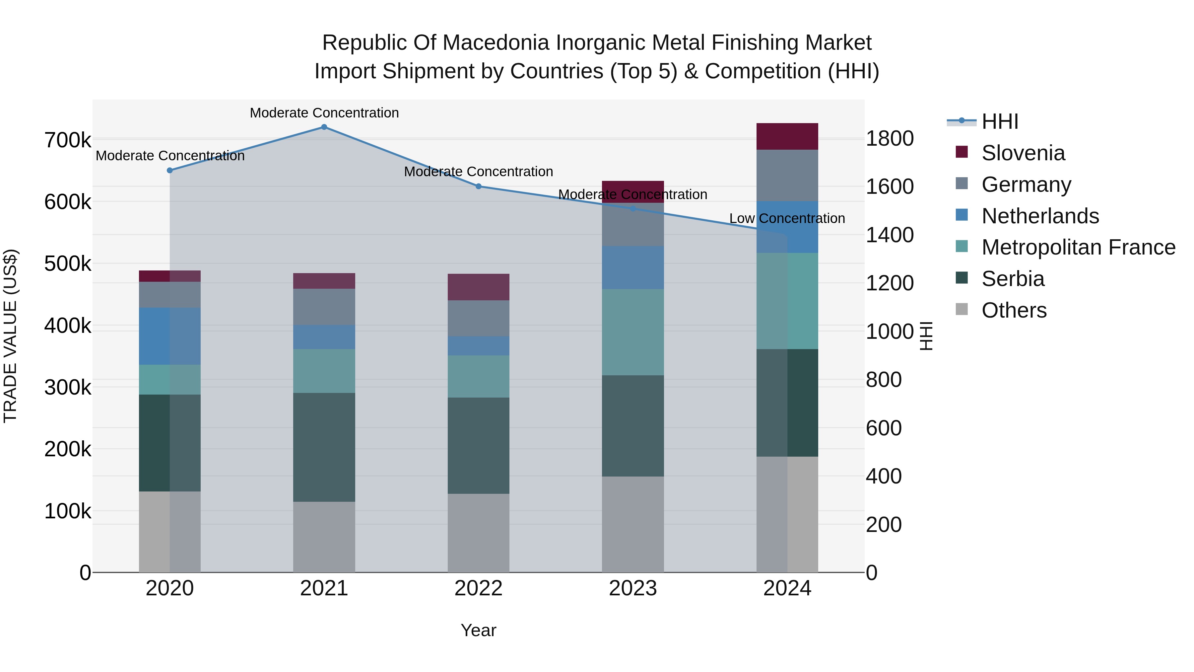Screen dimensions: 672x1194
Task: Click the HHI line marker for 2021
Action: (x=324, y=127)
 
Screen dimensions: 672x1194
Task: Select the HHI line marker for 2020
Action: (x=169, y=171)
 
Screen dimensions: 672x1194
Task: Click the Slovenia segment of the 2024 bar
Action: (x=787, y=136)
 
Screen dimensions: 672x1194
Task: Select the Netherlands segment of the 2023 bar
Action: (x=633, y=267)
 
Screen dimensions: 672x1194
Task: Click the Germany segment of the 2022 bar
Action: (x=478, y=318)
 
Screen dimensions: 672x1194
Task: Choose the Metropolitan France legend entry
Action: (x=1078, y=247)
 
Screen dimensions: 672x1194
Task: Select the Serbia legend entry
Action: (x=1013, y=279)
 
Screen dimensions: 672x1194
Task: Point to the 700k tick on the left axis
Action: (x=68, y=140)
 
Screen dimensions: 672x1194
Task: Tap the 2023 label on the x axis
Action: (x=633, y=588)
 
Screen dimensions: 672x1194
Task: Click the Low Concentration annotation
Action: (x=787, y=218)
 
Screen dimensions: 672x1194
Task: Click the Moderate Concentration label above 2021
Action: (x=324, y=113)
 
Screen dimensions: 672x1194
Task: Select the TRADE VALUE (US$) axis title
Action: (x=10, y=336)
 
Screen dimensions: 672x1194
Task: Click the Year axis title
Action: (x=478, y=630)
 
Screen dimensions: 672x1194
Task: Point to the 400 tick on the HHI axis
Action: (x=884, y=476)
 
